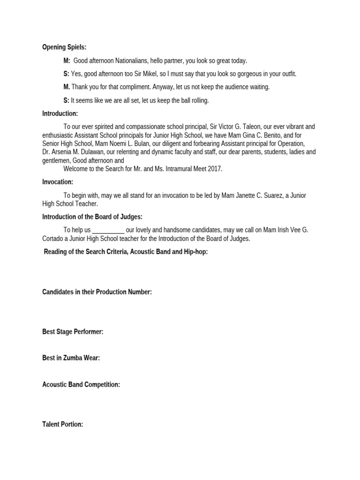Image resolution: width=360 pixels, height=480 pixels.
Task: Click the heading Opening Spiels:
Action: coord(64,47)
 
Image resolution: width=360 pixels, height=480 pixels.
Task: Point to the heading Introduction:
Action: coord(60,113)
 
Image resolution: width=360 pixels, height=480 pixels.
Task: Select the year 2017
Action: coord(215,169)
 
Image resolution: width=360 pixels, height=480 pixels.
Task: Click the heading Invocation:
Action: coord(58,182)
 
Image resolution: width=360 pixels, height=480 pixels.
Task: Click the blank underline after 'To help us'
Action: coord(108,230)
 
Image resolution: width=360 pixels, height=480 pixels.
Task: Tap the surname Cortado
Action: coord(53,239)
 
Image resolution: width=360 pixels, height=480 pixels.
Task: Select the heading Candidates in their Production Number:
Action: coord(97,292)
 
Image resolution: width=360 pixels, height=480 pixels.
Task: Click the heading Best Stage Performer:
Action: coord(73,332)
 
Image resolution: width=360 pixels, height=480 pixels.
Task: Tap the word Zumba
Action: coord(73,358)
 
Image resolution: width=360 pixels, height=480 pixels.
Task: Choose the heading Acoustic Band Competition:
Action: coord(81,385)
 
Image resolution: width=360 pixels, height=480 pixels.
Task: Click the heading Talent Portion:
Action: coord(63,425)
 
